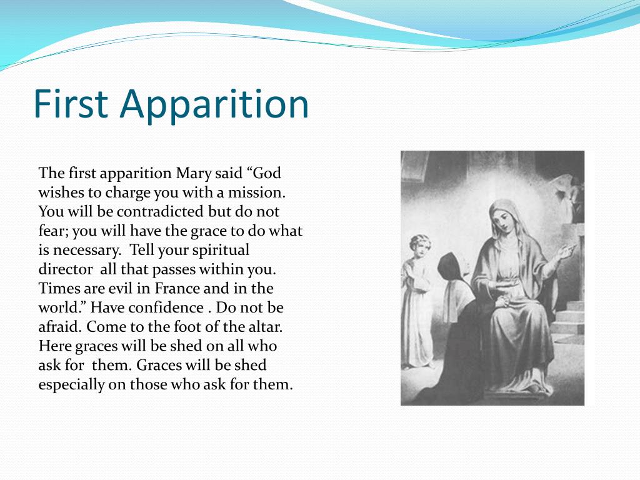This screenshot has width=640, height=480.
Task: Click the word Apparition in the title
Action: coord(215,104)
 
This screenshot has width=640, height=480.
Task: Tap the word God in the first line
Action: coord(267,173)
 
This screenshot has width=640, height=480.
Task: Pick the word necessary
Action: coord(84,251)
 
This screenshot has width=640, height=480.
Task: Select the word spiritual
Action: coord(219,251)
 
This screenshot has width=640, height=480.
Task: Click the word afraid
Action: coord(59,327)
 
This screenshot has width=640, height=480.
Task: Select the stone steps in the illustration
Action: coord(569,319)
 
